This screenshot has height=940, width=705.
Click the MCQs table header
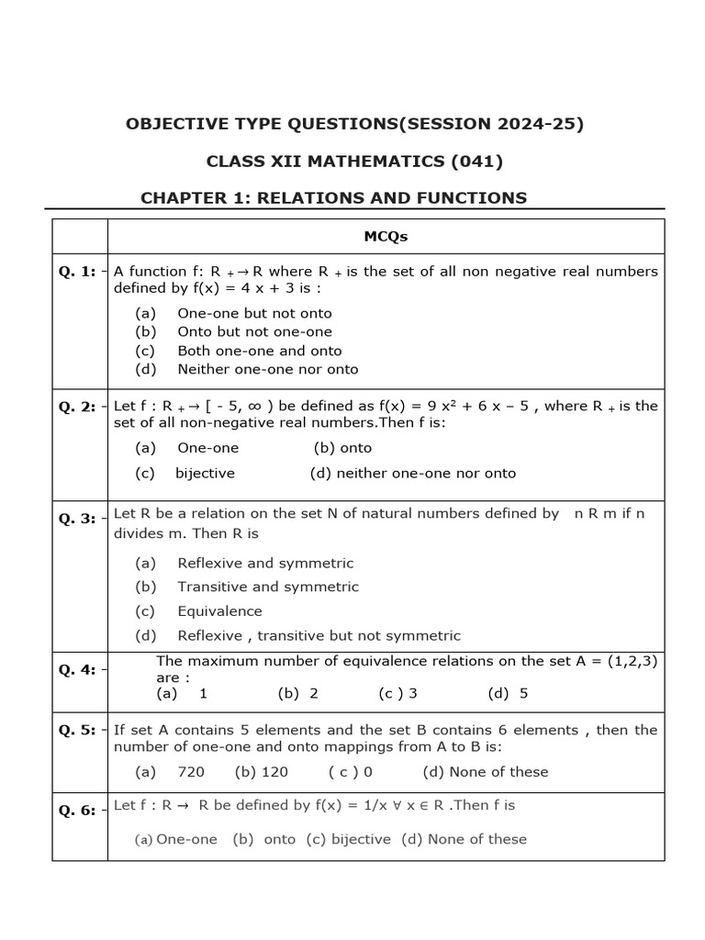[385, 236]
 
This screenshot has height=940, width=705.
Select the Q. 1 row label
[77, 271]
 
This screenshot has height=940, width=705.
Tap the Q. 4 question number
[77, 669]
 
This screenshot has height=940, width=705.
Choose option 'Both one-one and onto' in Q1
[259, 351]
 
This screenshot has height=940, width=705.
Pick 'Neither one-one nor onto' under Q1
[267, 369]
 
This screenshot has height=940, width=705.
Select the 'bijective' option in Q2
[205, 474]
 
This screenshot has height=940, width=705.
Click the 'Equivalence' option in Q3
[219, 611]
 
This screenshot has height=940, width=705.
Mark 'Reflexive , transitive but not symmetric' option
[319, 635]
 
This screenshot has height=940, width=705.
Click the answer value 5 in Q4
[523, 693]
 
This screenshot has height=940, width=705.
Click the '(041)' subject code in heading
[474, 162]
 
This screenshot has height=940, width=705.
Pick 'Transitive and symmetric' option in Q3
[267, 587]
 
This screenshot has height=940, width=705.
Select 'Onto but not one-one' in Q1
[254, 331]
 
